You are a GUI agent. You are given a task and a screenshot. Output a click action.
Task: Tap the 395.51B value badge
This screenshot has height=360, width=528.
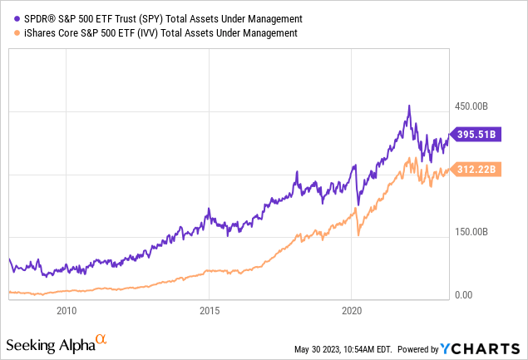point(476,134)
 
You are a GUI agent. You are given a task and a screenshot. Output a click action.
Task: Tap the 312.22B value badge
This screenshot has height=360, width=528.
point(476,170)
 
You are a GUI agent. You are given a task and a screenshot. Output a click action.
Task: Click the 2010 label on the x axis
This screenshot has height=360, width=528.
point(67,311)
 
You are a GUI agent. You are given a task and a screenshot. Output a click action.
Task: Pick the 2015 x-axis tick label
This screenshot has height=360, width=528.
point(210,311)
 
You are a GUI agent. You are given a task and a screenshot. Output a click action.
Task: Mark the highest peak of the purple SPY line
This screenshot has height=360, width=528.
point(408,106)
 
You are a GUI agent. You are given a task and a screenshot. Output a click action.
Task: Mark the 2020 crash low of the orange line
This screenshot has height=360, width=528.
point(358,236)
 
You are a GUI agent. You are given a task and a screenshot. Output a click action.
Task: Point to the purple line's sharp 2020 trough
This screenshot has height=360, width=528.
point(358,204)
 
